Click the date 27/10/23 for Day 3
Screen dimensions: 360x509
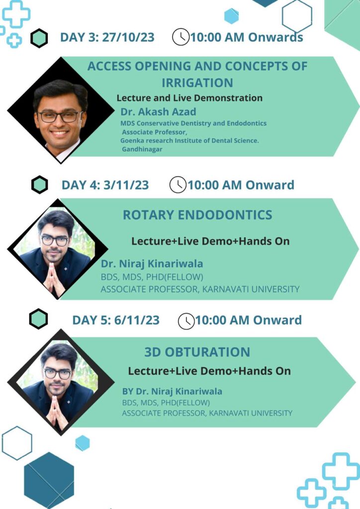pos(128,37)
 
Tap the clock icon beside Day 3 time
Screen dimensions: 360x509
pos(180,37)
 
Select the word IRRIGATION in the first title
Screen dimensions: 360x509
pos(197,83)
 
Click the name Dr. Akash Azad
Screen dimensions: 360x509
pos(159,112)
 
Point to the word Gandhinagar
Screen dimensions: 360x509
pos(142,149)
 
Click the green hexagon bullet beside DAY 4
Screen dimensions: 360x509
pos(40,185)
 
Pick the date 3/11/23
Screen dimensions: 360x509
pos(126,185)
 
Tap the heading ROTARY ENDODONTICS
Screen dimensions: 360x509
pos(197,215)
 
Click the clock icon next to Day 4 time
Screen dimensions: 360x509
pos(178,184)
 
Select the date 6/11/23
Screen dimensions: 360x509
pos(137,320)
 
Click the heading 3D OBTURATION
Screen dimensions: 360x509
pos(197,352)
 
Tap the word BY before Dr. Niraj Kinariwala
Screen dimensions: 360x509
pos(128,392)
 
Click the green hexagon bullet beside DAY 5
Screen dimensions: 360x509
pos(38,319)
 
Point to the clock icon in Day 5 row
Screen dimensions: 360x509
pos(186,321)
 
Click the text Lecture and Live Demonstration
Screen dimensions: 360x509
pos(189,98)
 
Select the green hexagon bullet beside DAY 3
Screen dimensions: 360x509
pos(39,38)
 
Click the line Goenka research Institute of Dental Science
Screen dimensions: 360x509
pos(189,141)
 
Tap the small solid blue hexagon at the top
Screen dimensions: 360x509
pos(231,16)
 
